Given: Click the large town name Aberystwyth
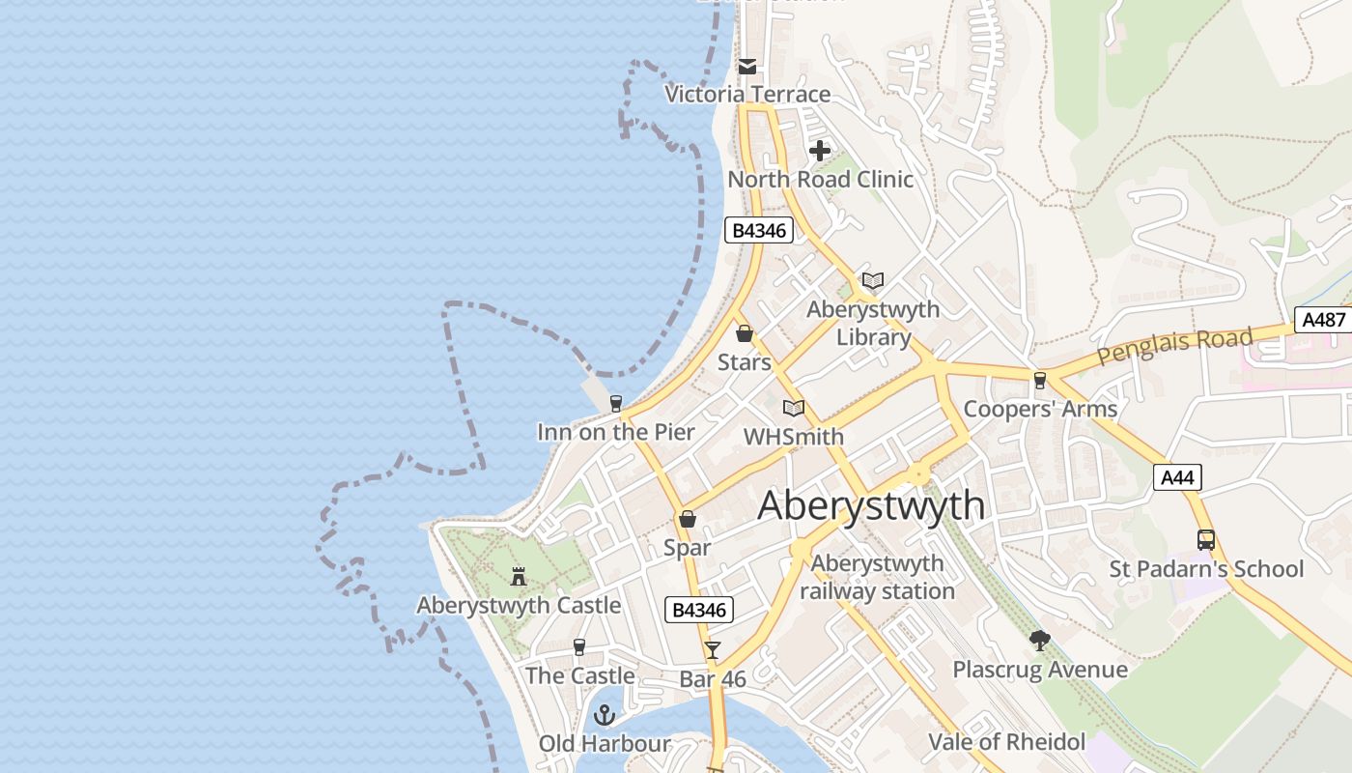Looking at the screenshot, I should (871, 505).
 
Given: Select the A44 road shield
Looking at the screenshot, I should (1177, 476).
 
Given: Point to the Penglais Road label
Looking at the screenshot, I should (1174, 347).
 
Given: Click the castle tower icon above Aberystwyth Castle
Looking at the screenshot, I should (519, 577).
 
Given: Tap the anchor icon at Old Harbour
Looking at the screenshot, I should (605, 715).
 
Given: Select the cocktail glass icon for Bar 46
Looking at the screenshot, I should (713, 650).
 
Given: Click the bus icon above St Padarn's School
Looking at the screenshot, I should (1205, 540).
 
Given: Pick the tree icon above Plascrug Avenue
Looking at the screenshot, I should (1040, 640).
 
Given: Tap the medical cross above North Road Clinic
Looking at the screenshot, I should (820, 151).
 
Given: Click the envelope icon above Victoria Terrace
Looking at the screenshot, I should (747, 67).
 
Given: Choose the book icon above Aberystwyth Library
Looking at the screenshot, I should (873, 281).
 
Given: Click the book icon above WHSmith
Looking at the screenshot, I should (794, 408).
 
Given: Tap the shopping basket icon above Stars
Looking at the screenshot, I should (745, 334).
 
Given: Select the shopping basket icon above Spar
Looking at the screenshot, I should (688, 520).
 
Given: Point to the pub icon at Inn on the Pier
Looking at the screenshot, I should (616, 404).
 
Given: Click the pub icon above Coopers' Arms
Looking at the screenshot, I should (1040, 381).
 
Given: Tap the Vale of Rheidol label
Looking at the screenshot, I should (1006, 742).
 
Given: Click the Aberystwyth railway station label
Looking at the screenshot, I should (877, 577).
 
